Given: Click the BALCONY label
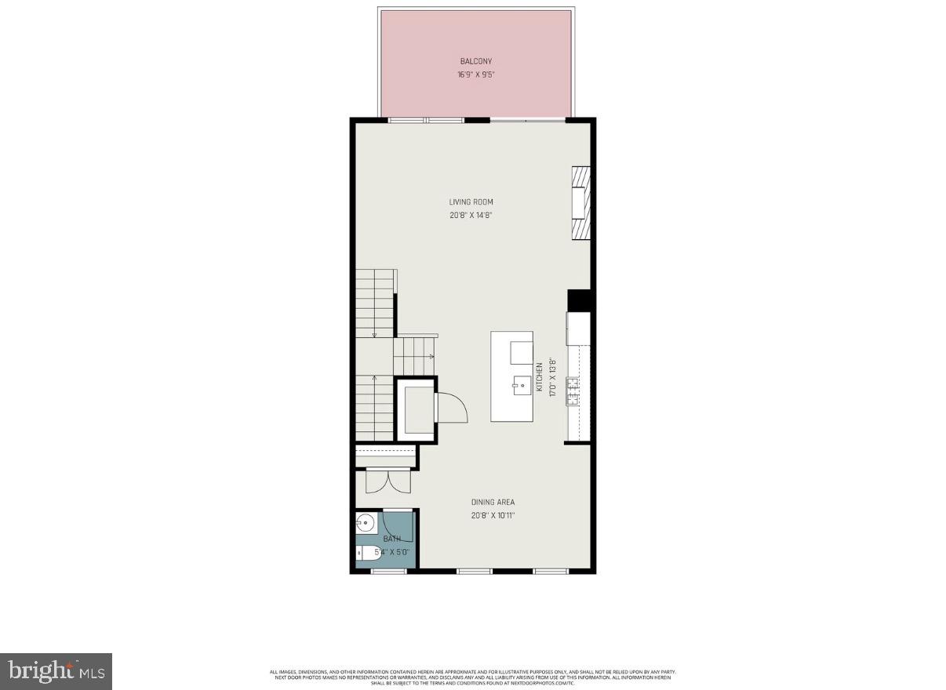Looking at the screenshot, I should click(x=476, y=61).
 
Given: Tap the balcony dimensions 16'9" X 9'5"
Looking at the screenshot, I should click(x=476, y=75).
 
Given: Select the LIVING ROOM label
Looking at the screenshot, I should click(x=471, y=202).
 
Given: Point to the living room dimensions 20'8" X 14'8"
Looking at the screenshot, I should click(x=471, y=216).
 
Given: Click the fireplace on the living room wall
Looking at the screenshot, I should click(x=580, y=202).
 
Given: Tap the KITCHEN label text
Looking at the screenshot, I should click(x=540, y=377).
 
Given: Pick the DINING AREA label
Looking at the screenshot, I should click(x=493, y=502).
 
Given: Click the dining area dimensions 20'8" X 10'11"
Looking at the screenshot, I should click(x=493, y=515).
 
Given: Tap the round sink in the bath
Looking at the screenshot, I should click(x=365, y=522).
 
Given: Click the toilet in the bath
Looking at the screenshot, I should click(x=368, y=554).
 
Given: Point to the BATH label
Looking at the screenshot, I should click(x=391, y=539).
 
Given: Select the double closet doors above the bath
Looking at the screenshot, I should click(x=387, y=481).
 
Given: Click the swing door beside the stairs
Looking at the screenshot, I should click(x=452, y=406).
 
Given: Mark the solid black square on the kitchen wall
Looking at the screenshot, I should click(x=579, y=301).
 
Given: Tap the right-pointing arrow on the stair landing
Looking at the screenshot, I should click(x=431, y=356).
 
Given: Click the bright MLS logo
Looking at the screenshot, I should click(x=56, y=671).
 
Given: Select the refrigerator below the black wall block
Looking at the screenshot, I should click(x=579, y=329).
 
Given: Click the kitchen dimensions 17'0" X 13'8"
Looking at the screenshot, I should click(x=552, y=377).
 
